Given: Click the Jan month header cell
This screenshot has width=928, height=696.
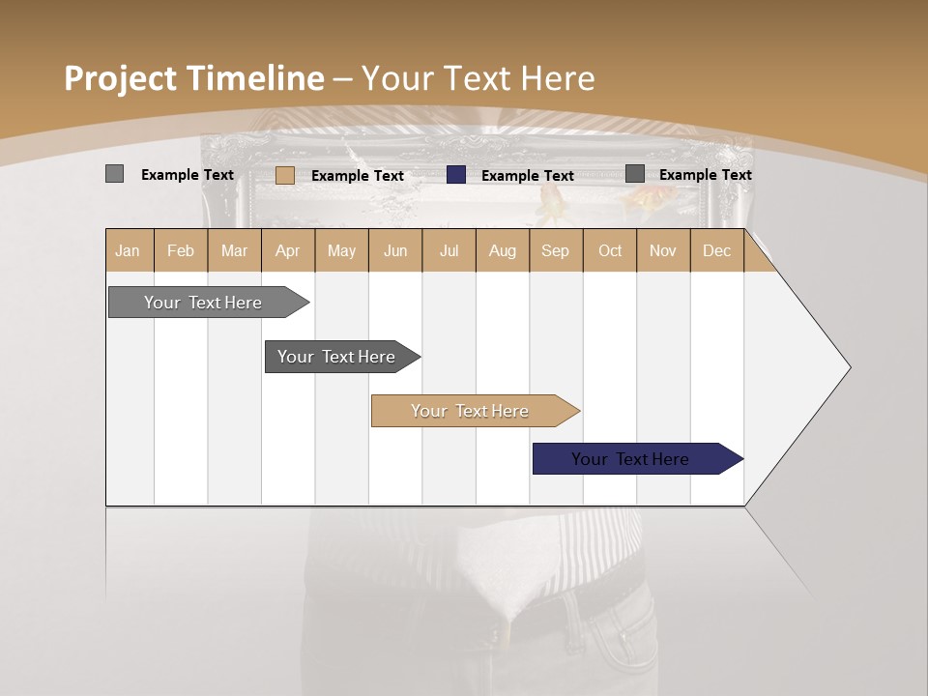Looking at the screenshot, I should point(129,251).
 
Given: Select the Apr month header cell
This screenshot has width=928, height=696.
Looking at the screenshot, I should point(288,251).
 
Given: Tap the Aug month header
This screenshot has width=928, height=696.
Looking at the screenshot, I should point(503,251).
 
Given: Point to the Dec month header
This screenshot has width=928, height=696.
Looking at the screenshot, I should point(717,251).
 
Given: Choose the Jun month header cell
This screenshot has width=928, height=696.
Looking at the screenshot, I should point(395,251).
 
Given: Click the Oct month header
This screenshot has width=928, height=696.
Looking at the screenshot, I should point(610,251).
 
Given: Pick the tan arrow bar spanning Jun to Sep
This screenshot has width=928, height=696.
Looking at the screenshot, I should point(472,411).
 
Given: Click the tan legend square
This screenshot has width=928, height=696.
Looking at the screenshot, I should point(285,175).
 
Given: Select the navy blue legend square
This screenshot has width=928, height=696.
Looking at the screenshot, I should point(456,175).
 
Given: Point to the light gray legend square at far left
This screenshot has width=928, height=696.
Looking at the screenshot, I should point(115,174).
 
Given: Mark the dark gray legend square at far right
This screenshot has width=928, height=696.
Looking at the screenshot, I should point(635,174).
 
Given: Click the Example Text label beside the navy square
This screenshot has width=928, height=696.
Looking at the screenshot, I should point(528,176).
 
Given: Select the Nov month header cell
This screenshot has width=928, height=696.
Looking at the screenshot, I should point(663,251).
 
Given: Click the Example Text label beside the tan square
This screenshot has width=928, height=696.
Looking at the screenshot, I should point(358,176).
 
